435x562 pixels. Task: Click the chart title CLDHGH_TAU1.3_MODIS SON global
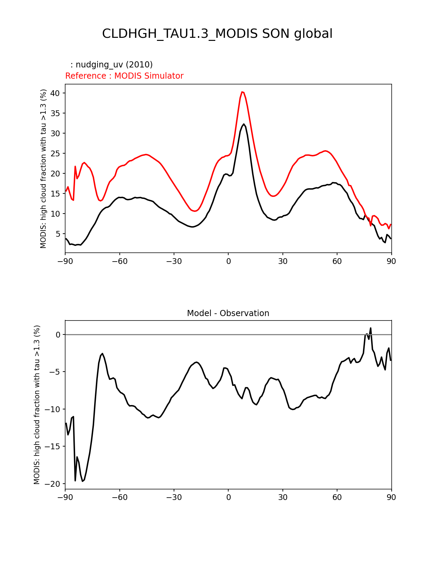pos(217,34)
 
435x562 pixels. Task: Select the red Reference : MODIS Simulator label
pos(124,76)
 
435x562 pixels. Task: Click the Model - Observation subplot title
pos(228,313)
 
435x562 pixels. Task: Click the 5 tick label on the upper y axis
pos(58,234)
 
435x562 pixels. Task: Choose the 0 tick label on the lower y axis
pos(58,335)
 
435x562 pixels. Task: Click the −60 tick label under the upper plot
pos(119,261)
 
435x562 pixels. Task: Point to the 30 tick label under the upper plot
pos(282,261)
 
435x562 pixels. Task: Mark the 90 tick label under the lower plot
pos(391,497)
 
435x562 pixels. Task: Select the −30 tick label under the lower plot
pos(174,497)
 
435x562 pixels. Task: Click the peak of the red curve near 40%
pos(242,92)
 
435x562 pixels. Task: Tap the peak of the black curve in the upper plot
pos(244,124)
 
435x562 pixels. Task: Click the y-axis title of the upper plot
pos(43,169)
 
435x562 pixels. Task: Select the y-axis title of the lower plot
pos(37,405)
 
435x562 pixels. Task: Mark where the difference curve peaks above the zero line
pos(371,328)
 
